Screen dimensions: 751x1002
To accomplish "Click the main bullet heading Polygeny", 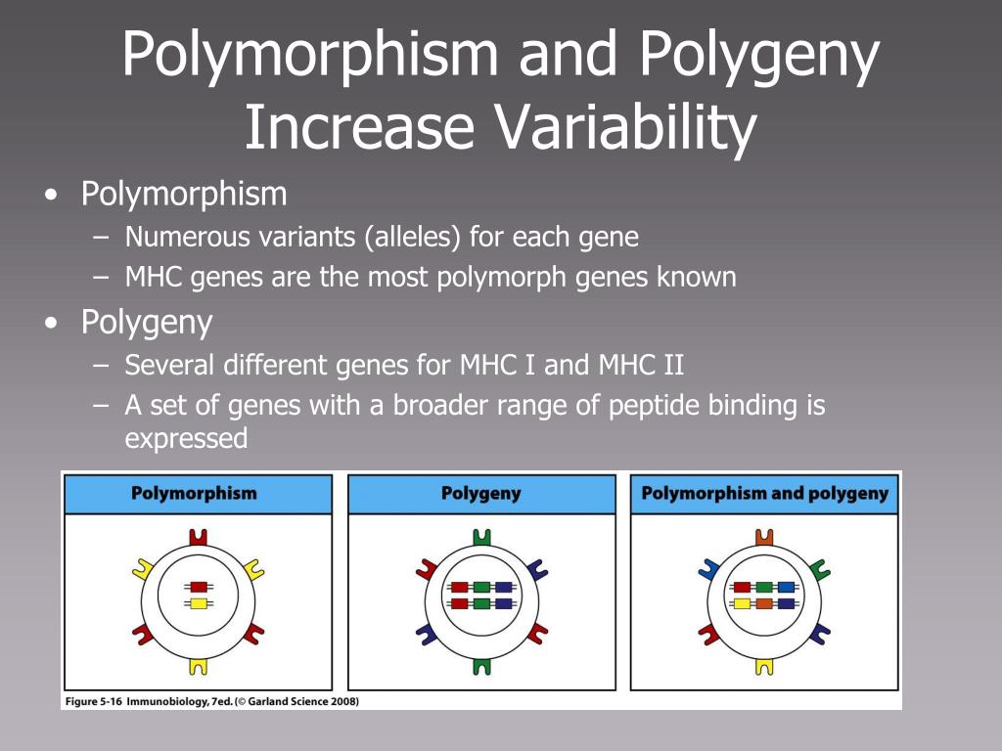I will pyautogui.click(x=147, y=322).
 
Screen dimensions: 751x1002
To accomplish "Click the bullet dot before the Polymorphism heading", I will pyautogui.click(x=51, y=196).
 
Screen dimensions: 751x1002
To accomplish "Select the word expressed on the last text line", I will pyautogui.click(x=186, y=438).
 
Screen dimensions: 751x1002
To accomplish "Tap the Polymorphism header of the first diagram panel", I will pyautogui.click(x=194, y=494).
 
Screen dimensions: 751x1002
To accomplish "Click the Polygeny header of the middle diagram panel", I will pyautogui.click(x=481, y=494).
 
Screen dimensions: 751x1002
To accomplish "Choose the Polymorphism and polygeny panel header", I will pyautogui.click(x=764, y=494).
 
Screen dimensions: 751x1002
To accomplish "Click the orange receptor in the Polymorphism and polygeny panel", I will pyautogui.click(x=764, y=537).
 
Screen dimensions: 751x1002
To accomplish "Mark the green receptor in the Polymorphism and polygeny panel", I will pyautogui.click(x=820, y=568).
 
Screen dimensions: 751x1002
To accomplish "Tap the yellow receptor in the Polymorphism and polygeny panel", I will pyautogui.click(x=764, y=666).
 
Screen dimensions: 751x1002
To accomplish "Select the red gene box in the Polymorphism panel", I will pyautogui.click(x=199, y=587).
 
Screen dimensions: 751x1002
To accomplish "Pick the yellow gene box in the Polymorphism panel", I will pyautogui.click(x=199, y=603).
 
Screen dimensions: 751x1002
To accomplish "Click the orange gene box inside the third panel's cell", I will pyautogui.click(x=764, y=603).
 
